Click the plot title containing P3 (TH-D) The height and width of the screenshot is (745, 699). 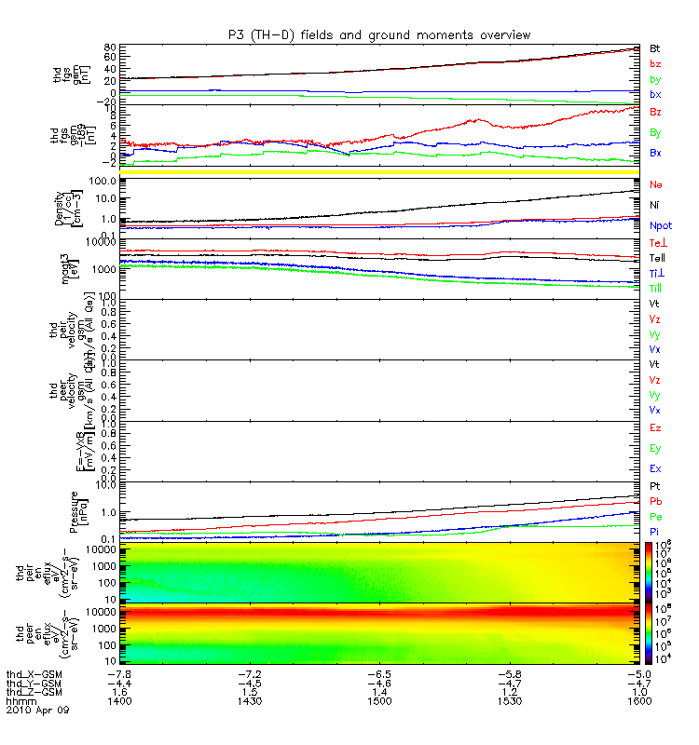point(379,34)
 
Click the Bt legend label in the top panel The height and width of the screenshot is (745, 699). point(655,47)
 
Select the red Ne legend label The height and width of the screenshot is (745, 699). point(655,185)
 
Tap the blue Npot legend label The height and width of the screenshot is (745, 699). point(660,225)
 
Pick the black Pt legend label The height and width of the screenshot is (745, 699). point(655,487)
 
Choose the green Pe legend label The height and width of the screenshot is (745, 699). point(655,516)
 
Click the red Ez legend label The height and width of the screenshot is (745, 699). point(655,427)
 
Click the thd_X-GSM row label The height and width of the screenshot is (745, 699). point(34,673)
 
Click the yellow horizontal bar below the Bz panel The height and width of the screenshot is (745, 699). point(373,172)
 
